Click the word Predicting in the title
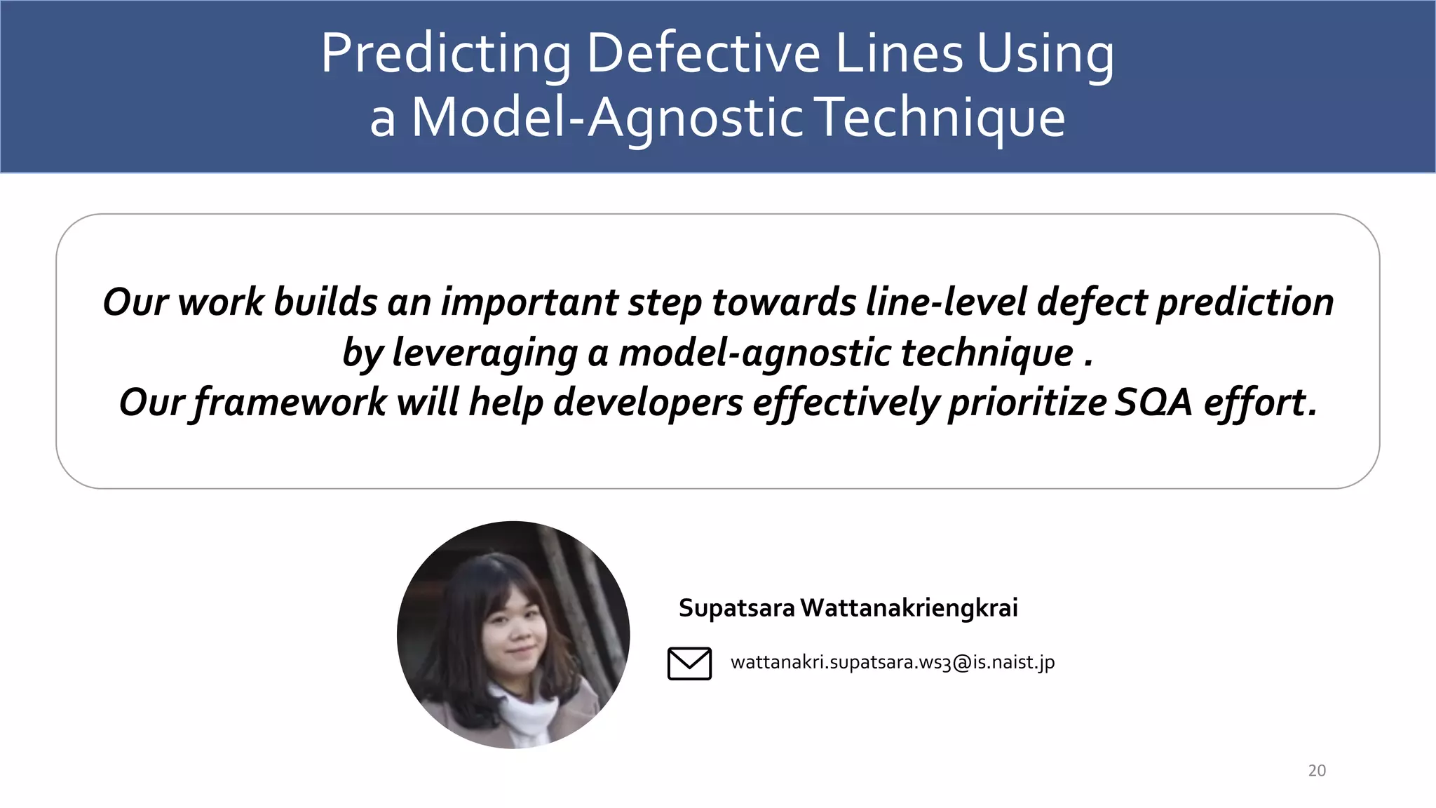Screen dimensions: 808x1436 click(x=446, y=54)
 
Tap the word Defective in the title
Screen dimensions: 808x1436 click(x=703, y=54)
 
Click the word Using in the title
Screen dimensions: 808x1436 click(x=1045, y=54)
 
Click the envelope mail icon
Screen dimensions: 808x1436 click(x=689, y=663)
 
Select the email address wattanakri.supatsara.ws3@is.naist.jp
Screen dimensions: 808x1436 click(x=892, y=662)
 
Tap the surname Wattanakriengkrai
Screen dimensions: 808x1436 click(x=909, y=607)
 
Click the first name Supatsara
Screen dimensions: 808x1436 click(x=736, y=607)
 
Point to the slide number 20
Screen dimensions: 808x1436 click(x=1317, y=770)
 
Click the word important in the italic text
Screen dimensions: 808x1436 click(x=529, y=302)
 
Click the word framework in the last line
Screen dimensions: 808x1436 click(x=290, y=403)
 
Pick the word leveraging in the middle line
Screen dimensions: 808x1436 click(x=485, y=353)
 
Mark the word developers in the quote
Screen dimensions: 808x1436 click(x=648, y=403)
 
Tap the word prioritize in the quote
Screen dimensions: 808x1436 click(x=1027, y=403)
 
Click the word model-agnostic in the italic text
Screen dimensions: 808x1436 click(x=754, y=353)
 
